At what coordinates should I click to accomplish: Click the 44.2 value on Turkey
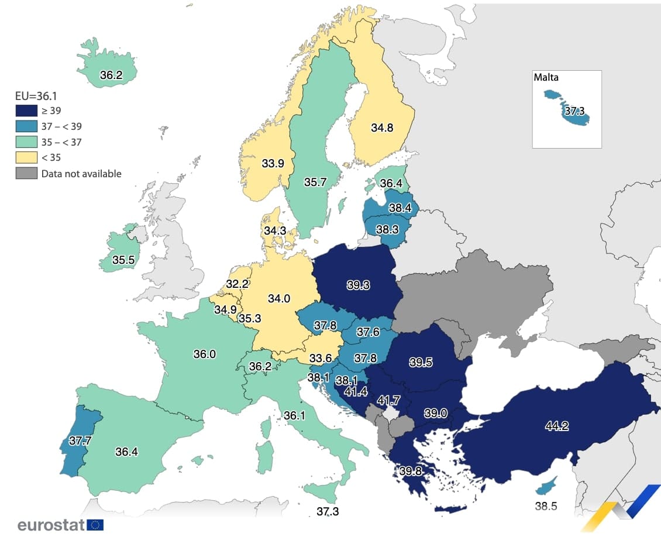[556, 426]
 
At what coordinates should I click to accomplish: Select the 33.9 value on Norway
[273, 164]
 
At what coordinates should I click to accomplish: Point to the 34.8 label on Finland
[382, 127]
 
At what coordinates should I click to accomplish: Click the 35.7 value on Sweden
[315, 182]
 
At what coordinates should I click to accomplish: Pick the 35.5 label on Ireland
[123, 260]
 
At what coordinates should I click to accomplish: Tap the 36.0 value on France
[205, 354]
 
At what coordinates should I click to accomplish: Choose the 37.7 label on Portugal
[80, 440]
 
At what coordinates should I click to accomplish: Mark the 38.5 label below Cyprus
[546, 506]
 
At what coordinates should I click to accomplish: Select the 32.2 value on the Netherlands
[237, 284]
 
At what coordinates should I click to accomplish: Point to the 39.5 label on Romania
[421, 362]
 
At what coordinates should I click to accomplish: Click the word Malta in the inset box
[546, 77]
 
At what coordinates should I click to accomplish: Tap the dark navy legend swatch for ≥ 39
[26, 110]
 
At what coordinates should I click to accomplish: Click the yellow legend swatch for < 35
[26, 157]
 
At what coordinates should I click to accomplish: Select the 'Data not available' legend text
[81, 173]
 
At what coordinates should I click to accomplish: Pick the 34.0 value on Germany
[279, 298]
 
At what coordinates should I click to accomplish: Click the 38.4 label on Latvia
[400, 207]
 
